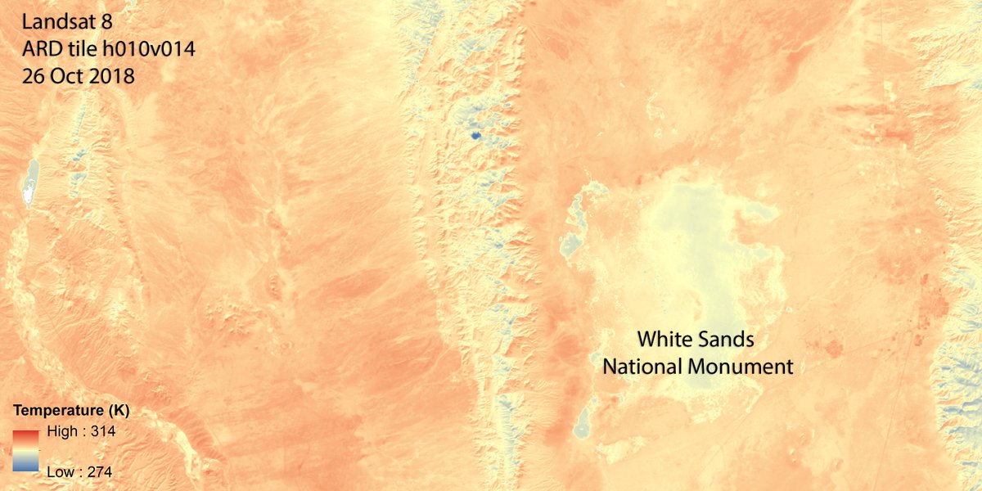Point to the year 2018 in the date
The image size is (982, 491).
[x=114, y=75]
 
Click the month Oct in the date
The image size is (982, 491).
[x=71, y=75]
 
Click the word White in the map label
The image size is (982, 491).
[x=665, y=339]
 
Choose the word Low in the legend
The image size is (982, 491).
[x=61, y=471]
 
